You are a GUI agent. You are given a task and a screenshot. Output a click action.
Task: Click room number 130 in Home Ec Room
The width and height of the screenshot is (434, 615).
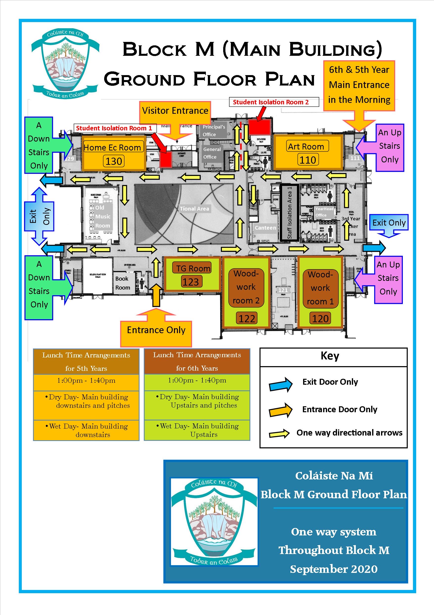pos(114,161)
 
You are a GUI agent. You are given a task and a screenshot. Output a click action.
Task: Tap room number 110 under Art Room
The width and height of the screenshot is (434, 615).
pos(308,160)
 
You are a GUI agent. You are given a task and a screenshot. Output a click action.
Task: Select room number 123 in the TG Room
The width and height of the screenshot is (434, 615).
pos(191,282)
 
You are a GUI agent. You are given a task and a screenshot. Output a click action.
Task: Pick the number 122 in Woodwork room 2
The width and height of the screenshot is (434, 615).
pos(246,319)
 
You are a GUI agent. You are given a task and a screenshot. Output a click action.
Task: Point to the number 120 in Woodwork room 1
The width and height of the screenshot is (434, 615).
pos(320,319)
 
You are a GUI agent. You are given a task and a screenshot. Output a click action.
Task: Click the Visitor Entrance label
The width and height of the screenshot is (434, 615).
pos(175,111)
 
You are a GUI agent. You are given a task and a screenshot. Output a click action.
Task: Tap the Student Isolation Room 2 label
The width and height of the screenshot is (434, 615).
pos(271,102)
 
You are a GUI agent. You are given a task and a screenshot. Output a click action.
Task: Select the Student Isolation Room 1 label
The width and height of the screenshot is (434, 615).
pos(114,128)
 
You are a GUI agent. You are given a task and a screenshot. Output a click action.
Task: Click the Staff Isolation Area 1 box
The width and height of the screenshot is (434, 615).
pos(289,213)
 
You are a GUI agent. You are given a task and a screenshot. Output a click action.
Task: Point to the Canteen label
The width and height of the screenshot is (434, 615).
pos(265,228)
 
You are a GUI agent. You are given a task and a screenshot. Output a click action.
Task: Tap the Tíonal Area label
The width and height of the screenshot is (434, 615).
pos(194,209)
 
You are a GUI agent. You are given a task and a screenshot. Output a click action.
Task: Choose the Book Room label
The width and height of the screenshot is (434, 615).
pos(122,283)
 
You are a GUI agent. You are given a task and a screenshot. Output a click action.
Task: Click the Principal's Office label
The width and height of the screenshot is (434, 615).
pos(214,130)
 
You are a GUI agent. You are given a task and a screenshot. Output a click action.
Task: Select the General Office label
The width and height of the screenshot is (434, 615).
pos(212,153)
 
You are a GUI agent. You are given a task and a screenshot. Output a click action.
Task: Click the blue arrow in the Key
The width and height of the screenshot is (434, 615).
pos(281,385)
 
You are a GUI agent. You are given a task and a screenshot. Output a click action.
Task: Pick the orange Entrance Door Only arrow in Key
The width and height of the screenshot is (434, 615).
pos(281,410)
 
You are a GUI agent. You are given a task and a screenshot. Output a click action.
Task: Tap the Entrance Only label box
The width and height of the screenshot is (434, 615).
pos(156,330)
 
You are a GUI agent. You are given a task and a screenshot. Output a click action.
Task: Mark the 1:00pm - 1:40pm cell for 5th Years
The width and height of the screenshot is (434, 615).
pos(86,381)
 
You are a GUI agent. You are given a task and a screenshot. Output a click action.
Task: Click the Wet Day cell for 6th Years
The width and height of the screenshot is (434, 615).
pos(197,430)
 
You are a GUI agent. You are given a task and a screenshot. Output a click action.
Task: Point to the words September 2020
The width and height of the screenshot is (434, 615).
pos(334,569)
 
